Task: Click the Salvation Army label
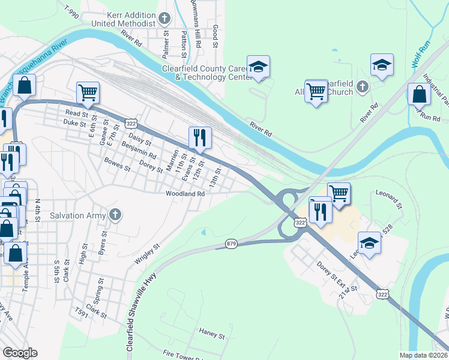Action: click(77, 215)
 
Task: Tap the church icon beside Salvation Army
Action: click(115, 215)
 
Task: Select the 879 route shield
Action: click(232, 244)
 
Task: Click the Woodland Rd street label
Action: click(185, 194)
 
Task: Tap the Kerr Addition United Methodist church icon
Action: click(166, 19)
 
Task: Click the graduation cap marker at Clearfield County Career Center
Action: click(258, 67)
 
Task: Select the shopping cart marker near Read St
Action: click(88, 93)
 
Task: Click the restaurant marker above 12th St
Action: click(199, 138)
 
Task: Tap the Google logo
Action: click(20, 353)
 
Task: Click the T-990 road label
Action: click(71, 11)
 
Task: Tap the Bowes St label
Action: click(117, 164)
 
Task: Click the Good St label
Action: click(214, 33)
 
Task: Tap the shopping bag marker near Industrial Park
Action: click(418, 94)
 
